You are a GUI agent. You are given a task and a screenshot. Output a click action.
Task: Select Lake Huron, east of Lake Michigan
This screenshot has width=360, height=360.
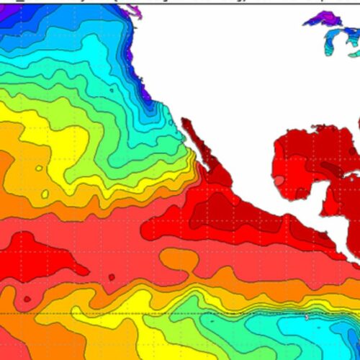pos(351,40)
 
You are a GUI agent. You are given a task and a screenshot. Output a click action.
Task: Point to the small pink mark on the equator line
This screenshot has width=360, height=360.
pos(307,317)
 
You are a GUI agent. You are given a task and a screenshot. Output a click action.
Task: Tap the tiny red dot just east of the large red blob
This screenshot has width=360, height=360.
pos(112,276)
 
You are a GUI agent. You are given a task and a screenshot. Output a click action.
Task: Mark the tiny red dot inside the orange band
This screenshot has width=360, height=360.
pos(27,298)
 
